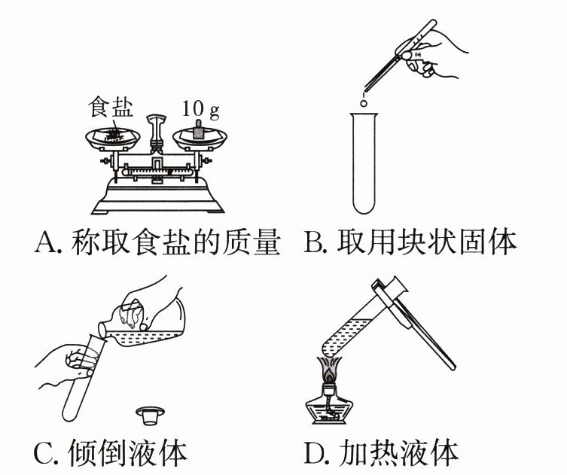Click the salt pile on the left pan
[113, 134]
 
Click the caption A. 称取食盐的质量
[157, 242]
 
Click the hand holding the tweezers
[437, 53]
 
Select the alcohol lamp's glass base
[328, 410]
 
